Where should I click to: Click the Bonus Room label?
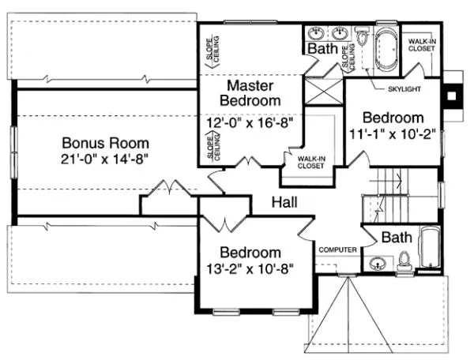(106, 144)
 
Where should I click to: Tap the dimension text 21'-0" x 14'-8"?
(106, 159)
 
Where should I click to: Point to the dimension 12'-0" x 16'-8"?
(250, 123)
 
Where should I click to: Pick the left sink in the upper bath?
(317, 34)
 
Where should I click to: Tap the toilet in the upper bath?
(361, 37)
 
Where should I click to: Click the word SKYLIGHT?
(404, 88)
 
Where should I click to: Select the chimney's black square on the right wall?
(452, 96)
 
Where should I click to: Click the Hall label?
(284, 203)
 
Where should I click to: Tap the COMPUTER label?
(338, 249)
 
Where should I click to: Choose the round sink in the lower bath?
(377, 263)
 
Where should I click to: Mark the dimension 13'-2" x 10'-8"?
(250, 268)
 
